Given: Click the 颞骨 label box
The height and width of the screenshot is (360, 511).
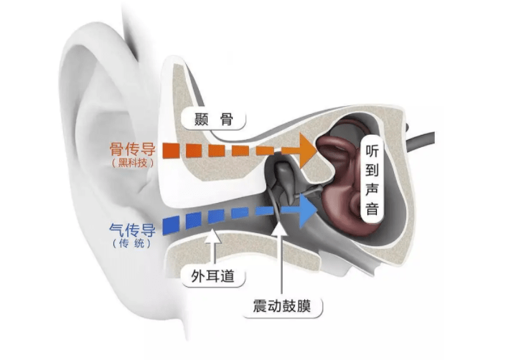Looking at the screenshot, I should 213,119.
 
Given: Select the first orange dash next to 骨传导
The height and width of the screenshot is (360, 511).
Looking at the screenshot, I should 170,151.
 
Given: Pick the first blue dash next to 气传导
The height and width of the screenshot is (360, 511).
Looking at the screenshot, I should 172,227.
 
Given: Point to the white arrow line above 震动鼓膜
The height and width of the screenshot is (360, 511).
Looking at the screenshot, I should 278,258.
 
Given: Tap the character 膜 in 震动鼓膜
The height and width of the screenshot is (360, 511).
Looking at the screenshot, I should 309,306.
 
